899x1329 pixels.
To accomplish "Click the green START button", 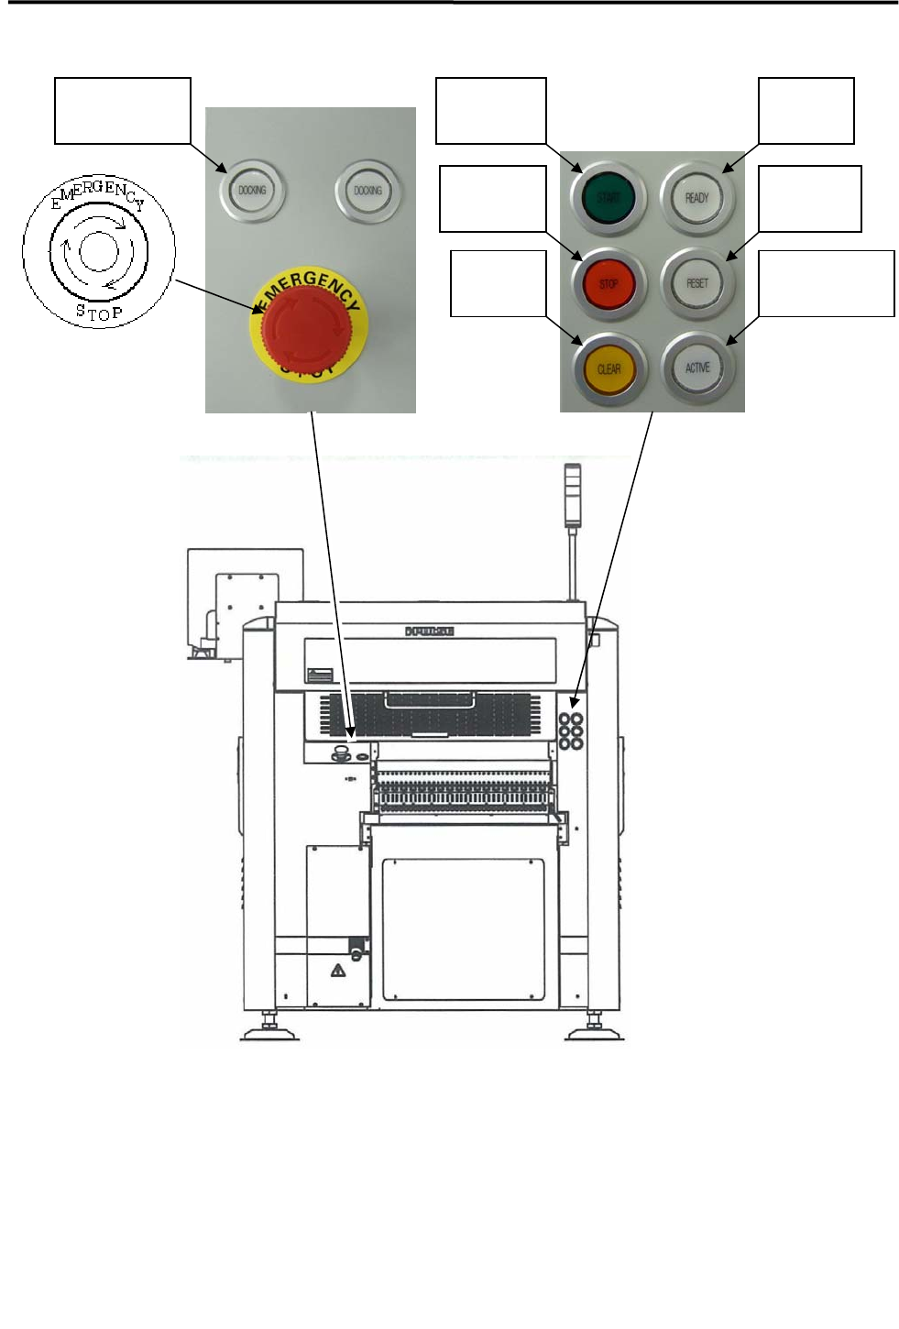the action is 608,197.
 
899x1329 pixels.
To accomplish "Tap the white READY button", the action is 696,197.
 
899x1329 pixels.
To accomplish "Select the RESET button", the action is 696,283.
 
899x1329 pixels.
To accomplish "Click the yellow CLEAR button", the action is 608,368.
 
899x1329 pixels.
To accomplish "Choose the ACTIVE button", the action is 696,368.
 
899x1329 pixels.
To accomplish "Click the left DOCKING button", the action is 252,191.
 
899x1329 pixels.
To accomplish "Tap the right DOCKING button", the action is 367,191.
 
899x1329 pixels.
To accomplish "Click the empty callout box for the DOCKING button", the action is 123,111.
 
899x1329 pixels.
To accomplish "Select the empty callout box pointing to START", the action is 490,111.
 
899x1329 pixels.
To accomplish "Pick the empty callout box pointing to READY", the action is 806,111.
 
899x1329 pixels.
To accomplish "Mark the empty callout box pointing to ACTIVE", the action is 826,283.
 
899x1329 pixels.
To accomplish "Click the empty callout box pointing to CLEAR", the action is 498,284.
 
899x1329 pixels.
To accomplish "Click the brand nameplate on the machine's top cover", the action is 430,631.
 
